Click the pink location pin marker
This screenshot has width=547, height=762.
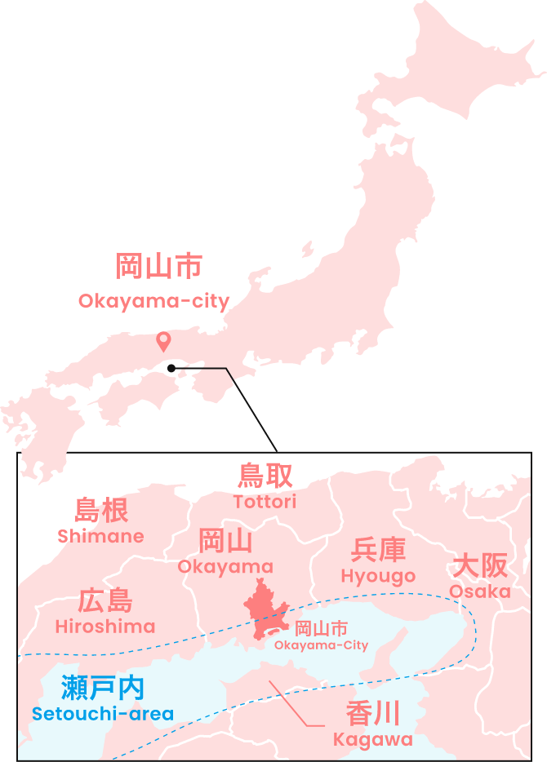point(163,340)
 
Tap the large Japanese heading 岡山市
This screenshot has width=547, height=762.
point(158,266)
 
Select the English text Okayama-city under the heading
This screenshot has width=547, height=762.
point(153,301)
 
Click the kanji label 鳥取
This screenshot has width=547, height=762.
point(265,476)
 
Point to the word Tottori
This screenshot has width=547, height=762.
point(265,502)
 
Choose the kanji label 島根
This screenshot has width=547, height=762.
point(101,510)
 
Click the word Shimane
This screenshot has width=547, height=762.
point(100,536)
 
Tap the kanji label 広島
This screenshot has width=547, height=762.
point(105,601)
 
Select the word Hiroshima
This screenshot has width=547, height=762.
point(105,627)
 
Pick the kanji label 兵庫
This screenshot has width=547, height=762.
point(378,550)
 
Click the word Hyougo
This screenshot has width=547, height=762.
point(378,576)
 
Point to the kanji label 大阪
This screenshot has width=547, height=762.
point(480,565)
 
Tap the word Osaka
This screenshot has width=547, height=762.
point(480,591)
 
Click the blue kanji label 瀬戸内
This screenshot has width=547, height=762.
point(103,688)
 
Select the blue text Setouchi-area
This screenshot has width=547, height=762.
point(103,714)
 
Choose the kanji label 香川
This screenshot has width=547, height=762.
point(373,714)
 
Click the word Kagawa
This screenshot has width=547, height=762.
point(373,740)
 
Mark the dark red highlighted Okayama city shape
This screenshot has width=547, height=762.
point(263,608)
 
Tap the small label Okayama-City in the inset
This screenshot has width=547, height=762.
point(321,645)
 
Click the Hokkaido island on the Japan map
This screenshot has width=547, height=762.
point(441,73)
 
